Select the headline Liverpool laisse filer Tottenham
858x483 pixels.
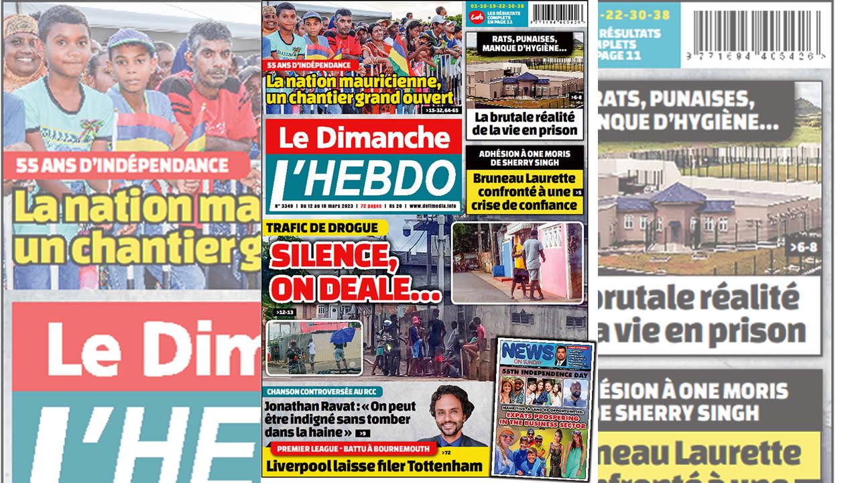373,466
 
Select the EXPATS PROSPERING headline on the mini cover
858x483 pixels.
544,420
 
